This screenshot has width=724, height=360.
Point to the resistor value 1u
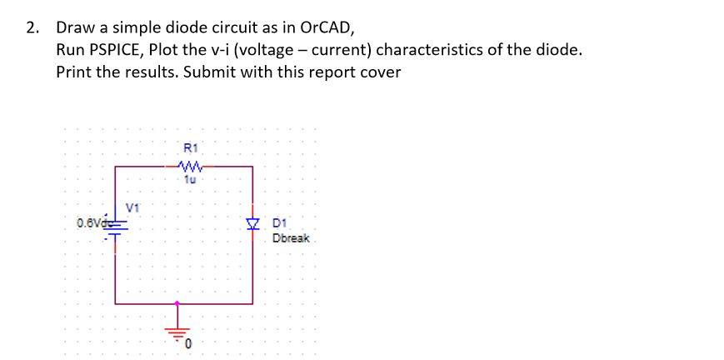tap(187, 178)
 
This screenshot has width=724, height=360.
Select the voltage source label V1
tap(132, 206)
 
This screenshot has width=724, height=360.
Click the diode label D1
tap(279, 222)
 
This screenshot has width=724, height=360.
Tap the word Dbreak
tap(290, 238)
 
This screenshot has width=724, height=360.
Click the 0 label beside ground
tap(189, 343)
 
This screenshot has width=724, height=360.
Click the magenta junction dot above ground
tap(177, 303)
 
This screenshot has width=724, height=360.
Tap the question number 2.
tap(31, 27)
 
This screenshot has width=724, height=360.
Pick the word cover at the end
tap(381, 72)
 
